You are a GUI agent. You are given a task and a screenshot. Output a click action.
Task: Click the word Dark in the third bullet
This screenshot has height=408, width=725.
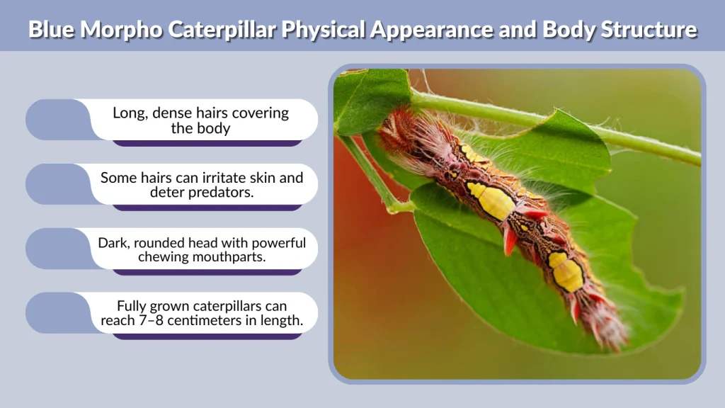(112, 243)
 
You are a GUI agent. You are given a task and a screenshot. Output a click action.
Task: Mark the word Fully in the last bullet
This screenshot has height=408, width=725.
(134, 307)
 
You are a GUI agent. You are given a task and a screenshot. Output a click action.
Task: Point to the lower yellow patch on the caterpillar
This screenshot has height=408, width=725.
(567, 273)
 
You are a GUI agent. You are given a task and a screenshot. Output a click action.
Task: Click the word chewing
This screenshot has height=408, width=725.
(169, 256)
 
